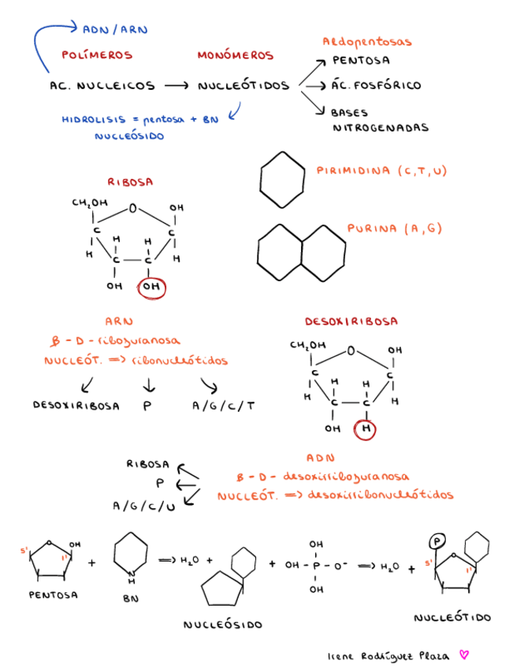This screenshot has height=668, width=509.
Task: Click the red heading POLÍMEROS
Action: [x=97, y=56]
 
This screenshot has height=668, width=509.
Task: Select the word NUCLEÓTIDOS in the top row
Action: [x=243, y=85]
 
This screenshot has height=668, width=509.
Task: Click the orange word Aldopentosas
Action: [x=367, y=41]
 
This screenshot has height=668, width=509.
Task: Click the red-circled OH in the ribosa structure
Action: [x=150, y=288]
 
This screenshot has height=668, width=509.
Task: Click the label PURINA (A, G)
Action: [x=395, y=229]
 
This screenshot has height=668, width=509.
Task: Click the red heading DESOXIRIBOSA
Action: [x=351, y=321]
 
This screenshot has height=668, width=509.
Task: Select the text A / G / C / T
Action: [x=224, y=406]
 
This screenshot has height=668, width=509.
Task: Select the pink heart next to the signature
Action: [x=464, y=654]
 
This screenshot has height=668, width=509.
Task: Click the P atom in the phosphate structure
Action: [x=316, y=566]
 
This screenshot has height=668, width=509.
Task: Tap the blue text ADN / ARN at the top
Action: [x=115, y=30]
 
